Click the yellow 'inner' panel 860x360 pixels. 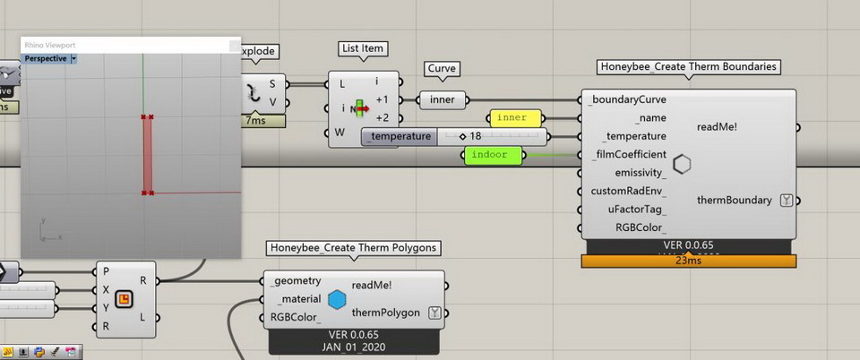[x=515, y=117]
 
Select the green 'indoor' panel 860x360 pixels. [x=489, y=155]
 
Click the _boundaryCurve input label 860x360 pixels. [x=627, y=99]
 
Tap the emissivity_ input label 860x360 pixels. [x=640, y=173]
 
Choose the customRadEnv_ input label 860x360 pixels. [x=628, y=191]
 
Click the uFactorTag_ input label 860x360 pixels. [x=635, y=209]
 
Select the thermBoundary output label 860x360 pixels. [x=734, y=200]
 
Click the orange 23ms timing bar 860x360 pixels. [x=688, y=261]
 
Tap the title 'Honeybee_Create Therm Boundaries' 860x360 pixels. [x=688, y=67]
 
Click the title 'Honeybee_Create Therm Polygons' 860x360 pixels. [x=355, y=247]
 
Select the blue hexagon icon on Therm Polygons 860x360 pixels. [x=337, y=299]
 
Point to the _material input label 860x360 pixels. [x=299, y=299]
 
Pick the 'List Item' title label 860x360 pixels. [x=364, y=48]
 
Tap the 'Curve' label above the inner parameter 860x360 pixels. [x=443, y=68]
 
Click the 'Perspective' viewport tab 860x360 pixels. [x=46, y=58]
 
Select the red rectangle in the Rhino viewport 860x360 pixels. [x=147, y=154]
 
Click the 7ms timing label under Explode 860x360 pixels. [x=254, y=120]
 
